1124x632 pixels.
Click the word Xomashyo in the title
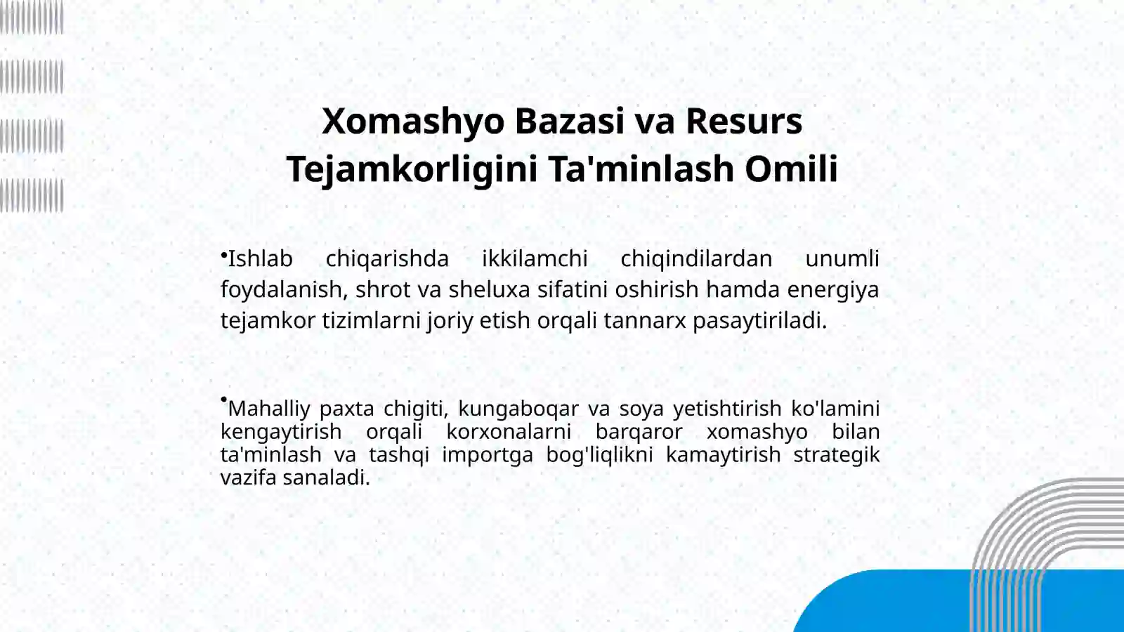point(413,121)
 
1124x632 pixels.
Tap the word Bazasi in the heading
point(569,121)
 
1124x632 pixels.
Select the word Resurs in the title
point(743,121)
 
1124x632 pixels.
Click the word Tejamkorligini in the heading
point(412,169)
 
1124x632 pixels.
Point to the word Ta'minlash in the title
point(641,169)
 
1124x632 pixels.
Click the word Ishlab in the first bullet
point(260,258)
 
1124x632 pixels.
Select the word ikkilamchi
point(535,258)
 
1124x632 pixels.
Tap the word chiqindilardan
point(696,258)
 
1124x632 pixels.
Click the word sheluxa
point(490,289)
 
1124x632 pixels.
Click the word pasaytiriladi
point(759,320)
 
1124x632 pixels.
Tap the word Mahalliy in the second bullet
point(269,409)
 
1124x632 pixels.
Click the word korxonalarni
point(509,432)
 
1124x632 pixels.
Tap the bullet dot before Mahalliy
point(223,400)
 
